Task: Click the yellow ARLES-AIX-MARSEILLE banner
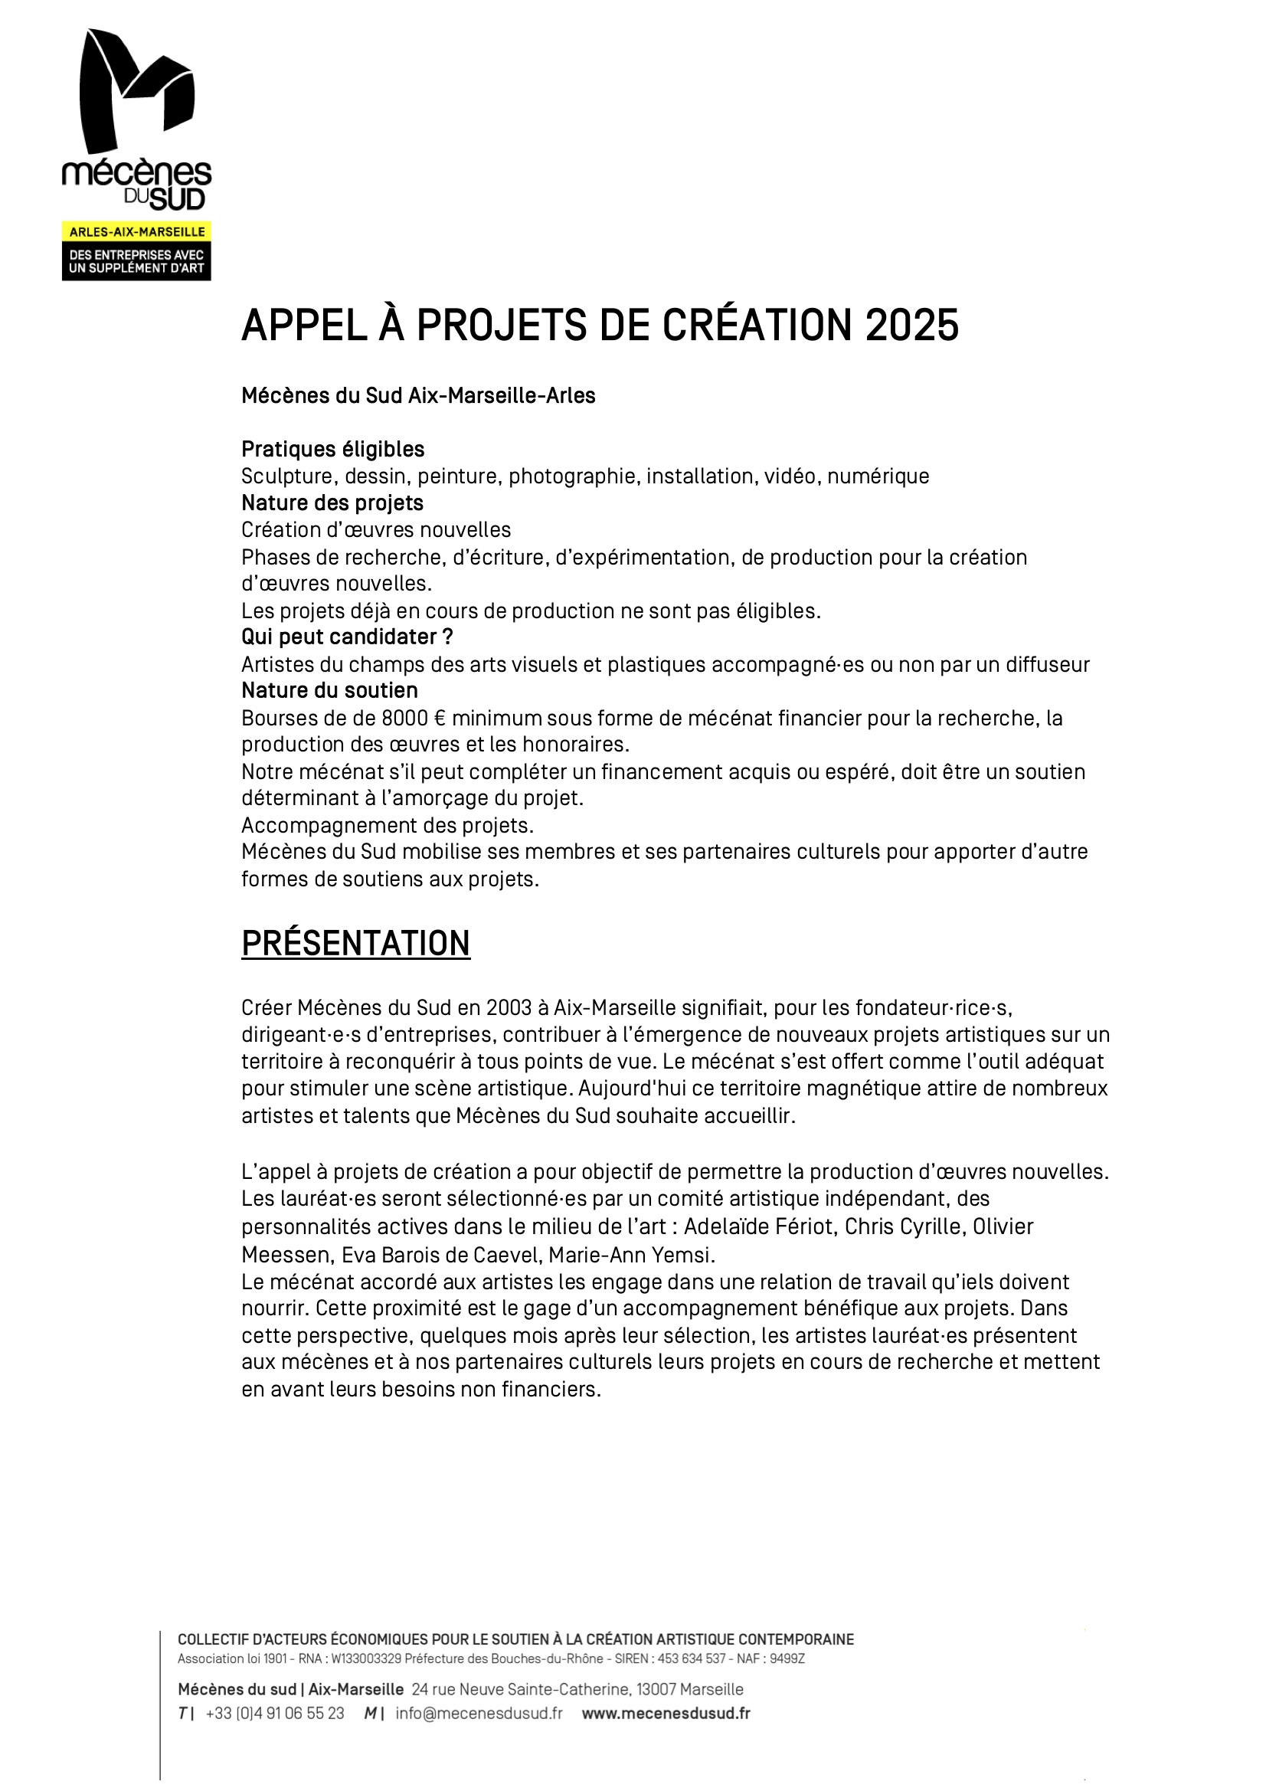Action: (x=136, y=231)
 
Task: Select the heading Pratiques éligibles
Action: (x=332, y=450)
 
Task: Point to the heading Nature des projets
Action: (x=332, y=503)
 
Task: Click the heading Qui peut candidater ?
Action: (x=346, y=637)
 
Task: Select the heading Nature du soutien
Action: (x=329, y=690)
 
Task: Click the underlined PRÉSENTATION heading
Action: (x=355, y=943)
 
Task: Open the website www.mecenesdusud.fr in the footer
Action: (x=666, y=1714)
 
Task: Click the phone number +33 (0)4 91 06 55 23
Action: (x=275, y=1714)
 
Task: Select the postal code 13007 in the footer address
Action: (x=656, y=1690)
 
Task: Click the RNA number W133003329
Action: (x=366, y=1659)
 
